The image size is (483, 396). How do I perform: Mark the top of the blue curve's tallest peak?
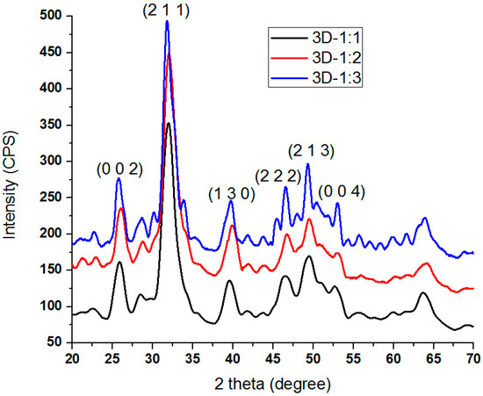tap(167, 21)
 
